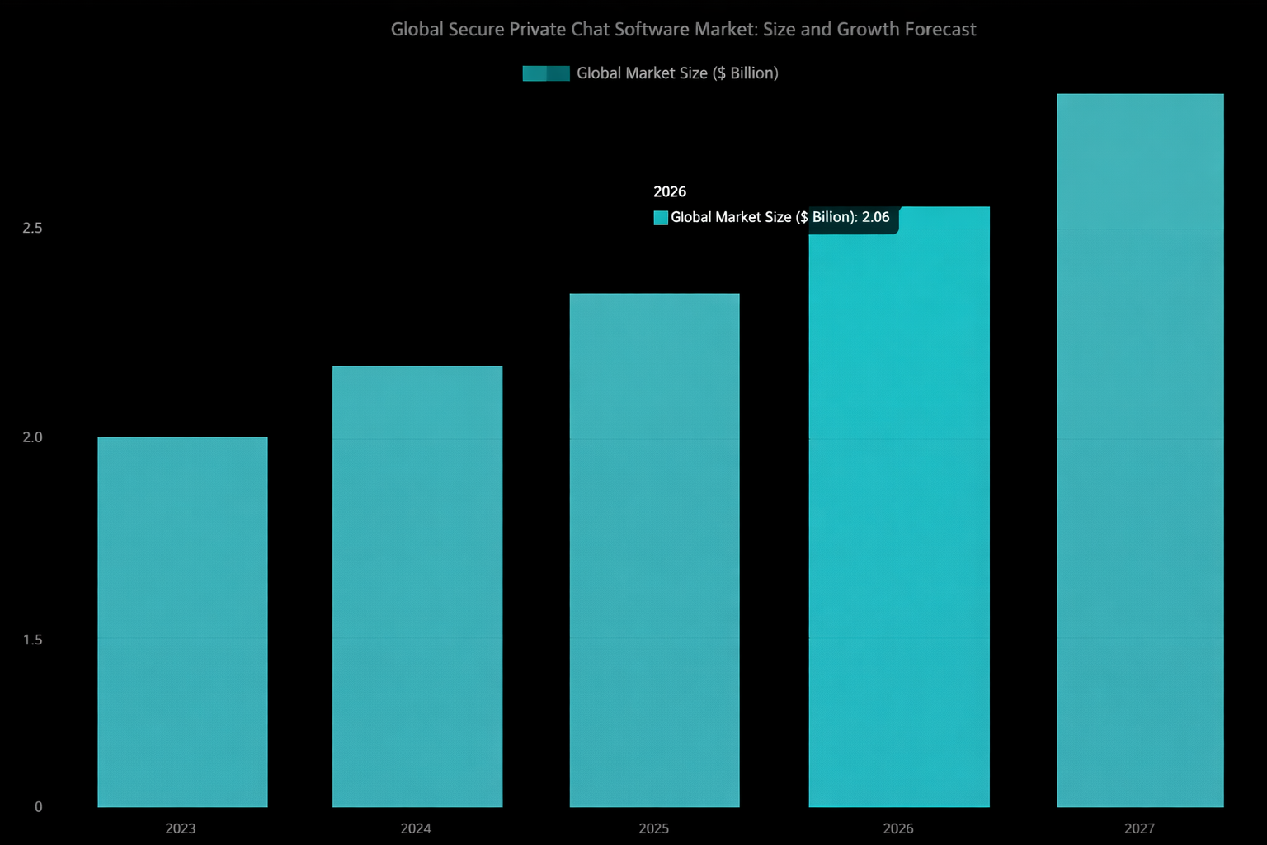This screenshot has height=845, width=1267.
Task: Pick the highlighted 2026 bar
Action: [898, 520]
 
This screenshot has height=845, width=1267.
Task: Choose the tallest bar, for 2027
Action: [1140, 450]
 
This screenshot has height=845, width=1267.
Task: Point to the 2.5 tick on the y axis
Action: [32, 228]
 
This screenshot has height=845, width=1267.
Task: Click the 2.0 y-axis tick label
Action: [32, 437]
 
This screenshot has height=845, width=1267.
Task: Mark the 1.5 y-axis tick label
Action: [32, 640]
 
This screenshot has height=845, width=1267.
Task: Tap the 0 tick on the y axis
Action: [38, 807]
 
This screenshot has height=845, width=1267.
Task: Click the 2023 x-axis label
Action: [181, 828]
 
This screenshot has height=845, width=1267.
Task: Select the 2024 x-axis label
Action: [416, 828]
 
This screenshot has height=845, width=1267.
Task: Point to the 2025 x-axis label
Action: [654, 828]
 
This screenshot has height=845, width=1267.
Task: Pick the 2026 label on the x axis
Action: [898, 828]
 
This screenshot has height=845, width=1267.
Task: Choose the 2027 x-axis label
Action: [1139, 828]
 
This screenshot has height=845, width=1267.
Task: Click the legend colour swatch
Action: [546, 73]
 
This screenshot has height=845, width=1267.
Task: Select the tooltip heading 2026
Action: [670, 191]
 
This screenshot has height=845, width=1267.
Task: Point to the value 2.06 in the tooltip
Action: [875, 217]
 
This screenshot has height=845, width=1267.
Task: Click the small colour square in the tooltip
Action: [661, 218]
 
